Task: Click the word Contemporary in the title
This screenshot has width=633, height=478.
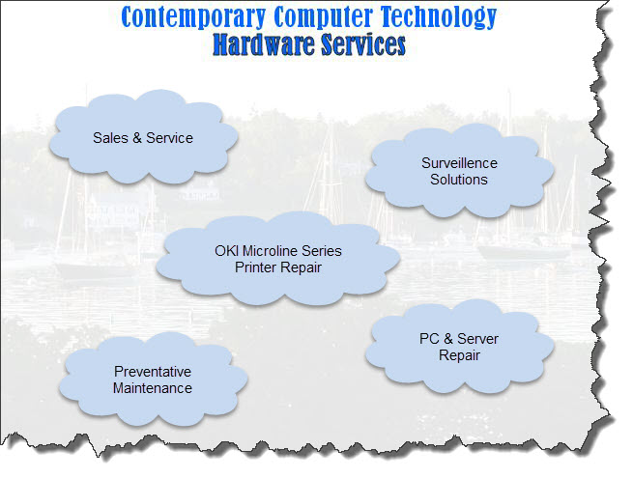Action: click(x=193, y=17)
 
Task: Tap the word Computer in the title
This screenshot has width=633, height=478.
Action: click(x=324, y=16)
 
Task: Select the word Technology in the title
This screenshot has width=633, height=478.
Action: click(x=439, y=17)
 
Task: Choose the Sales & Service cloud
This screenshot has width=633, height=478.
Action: click(x=143, y=137)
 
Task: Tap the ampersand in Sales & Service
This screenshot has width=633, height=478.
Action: click(x=137, y=138)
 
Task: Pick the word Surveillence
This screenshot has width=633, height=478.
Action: click(x=459, y=163)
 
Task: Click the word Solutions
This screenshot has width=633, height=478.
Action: click(x=459, y=180)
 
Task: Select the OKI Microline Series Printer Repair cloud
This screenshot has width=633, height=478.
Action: click(x=277, y=258)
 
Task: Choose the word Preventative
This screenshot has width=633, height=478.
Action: click(x=153, y=372)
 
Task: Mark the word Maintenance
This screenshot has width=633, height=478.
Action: click(x=153, y=388)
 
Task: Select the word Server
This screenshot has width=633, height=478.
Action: click(x=478, y=339)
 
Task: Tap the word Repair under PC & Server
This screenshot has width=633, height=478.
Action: click(x=459, y=355)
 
